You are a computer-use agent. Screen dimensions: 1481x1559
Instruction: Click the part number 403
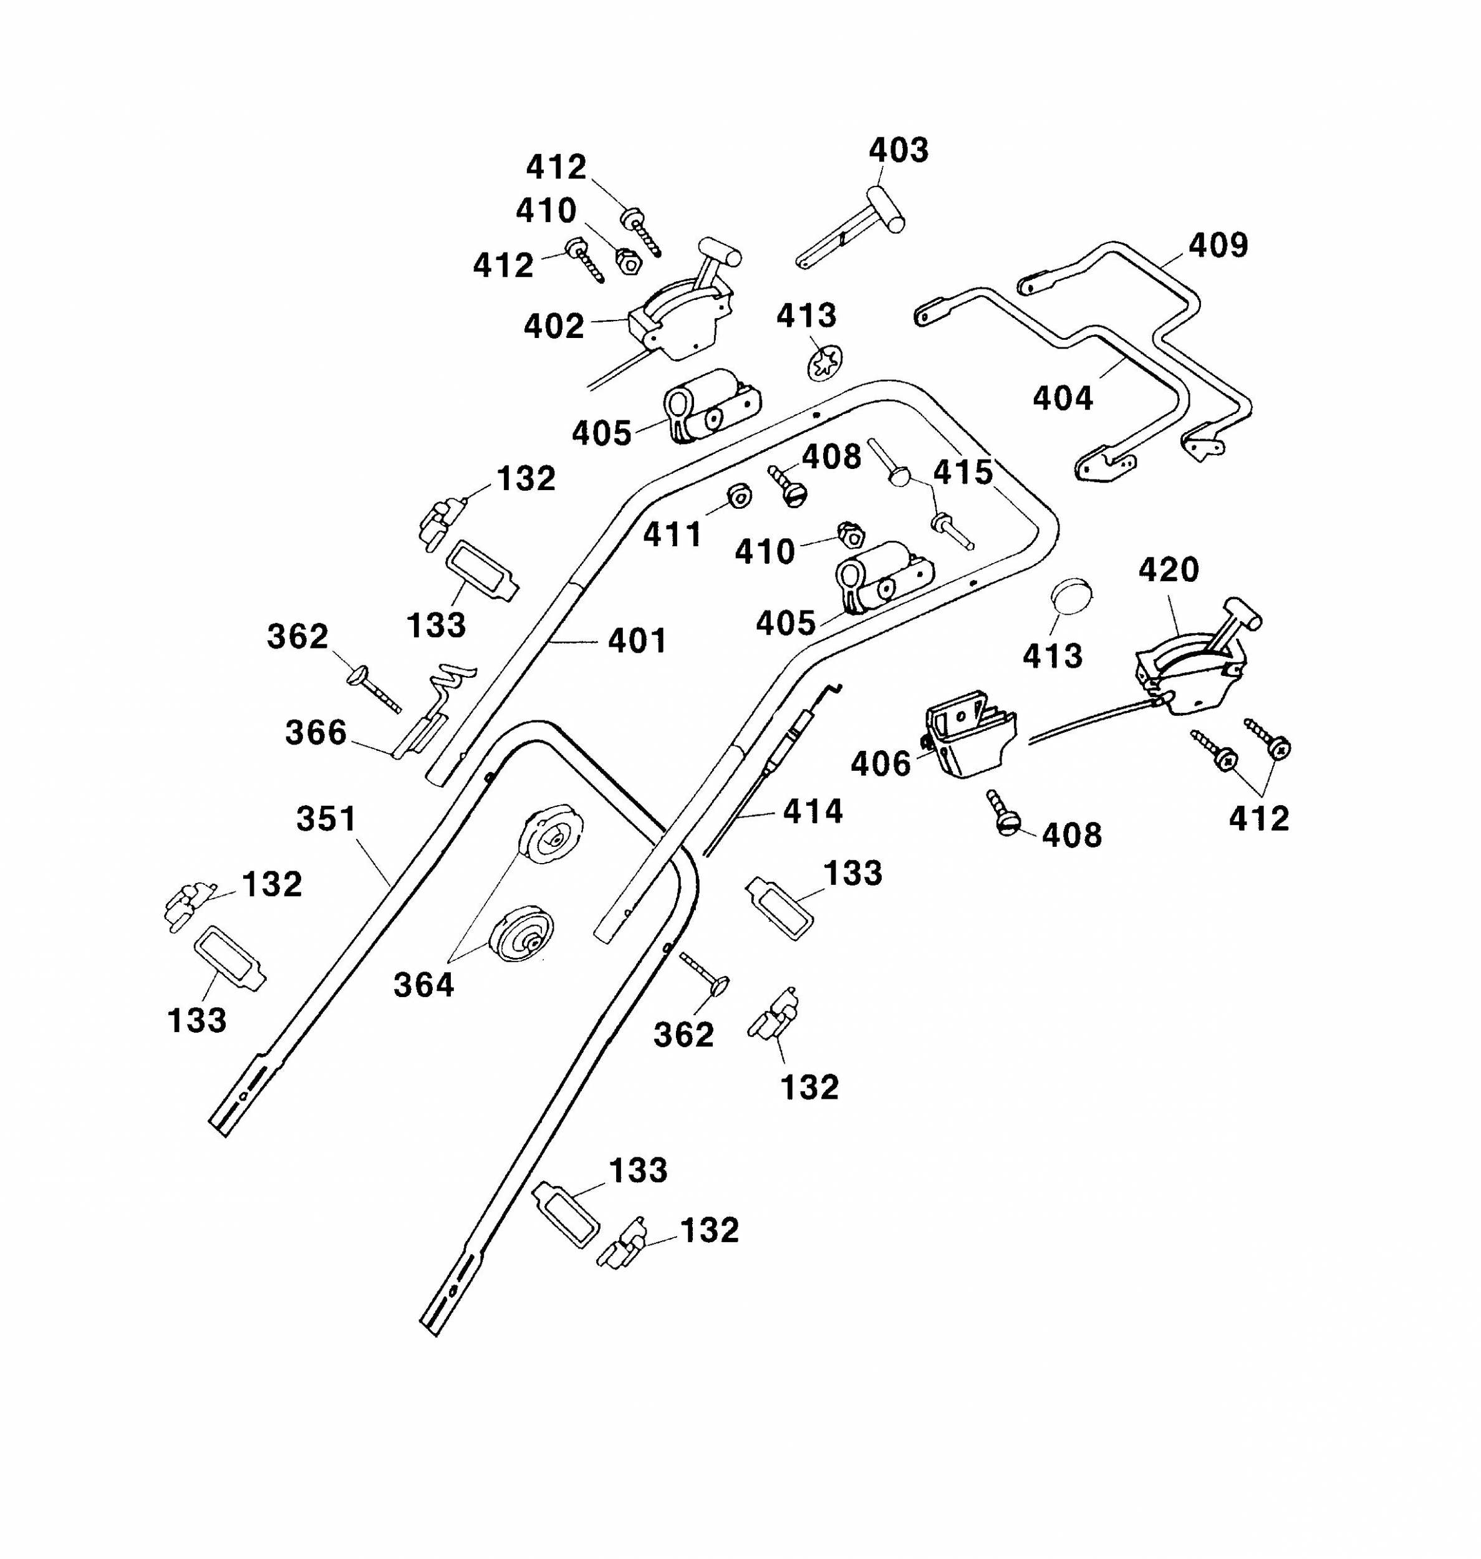pyautogui.click(x=899, y=150)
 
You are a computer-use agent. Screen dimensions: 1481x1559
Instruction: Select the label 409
pyautogui.click(x=1218, y=246)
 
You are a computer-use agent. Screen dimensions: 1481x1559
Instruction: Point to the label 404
pyautogui.click(x=1063, y=398)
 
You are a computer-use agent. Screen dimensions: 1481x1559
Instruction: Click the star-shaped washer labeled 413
pyautogui.click(x=824, y=363)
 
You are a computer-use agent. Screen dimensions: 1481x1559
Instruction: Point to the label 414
pyautogui.click(x=813, y=811)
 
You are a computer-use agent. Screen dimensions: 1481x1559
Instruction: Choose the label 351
pyautogui.click(x=326, y=819)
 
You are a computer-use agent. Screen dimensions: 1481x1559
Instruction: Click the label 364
pyautogui.click(x=424, y=985)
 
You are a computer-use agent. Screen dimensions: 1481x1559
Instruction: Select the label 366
pyautogui.click(x=316, y=733)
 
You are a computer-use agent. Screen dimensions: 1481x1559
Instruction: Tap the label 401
pyautogui.click(x=637, y=640)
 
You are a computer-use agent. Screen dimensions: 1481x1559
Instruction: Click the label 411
pyautogui.click(x=672, y=535)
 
